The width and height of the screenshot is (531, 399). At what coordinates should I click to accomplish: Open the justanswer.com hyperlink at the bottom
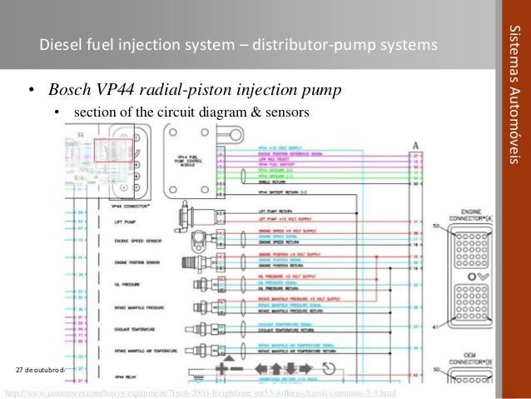pos(201,392)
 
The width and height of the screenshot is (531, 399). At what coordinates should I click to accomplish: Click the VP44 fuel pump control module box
pos(191,154)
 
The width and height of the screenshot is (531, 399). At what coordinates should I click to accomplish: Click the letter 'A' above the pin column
pos(414,145)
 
